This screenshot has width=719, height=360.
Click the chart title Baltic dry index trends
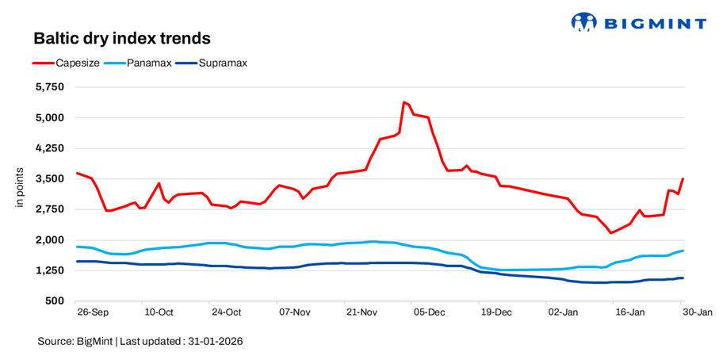point(121,38)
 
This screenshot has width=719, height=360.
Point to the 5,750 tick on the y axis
point(50,87)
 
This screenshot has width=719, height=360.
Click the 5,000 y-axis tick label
point(50,118)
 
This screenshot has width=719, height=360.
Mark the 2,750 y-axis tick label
point(50,209)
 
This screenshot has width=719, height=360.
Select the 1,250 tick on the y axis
point(50,270)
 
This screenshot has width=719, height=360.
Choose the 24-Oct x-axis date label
point(226,313)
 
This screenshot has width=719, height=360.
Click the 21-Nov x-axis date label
point(361,313)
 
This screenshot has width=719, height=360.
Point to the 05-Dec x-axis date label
point(429,313)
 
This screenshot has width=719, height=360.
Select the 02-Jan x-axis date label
point(564,313)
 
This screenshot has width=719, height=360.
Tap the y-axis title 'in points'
point(21,190)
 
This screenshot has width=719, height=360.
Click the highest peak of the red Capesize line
point(403,101)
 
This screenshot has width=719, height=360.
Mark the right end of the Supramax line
point(683,278)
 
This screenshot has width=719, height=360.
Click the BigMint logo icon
point(583,22)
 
